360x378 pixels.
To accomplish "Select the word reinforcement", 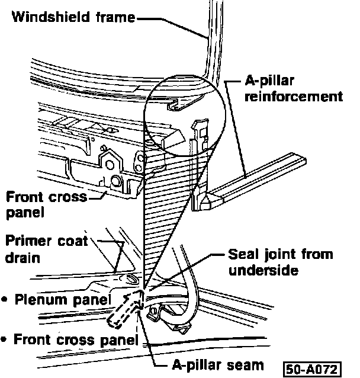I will click(x=294, y=96).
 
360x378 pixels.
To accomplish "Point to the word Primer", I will click(x=29, y=241).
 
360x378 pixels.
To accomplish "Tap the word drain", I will click(x=21, y=259).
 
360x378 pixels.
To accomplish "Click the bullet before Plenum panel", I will click(x=5, y=300).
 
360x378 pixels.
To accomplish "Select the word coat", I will click(x=73, y=241).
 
